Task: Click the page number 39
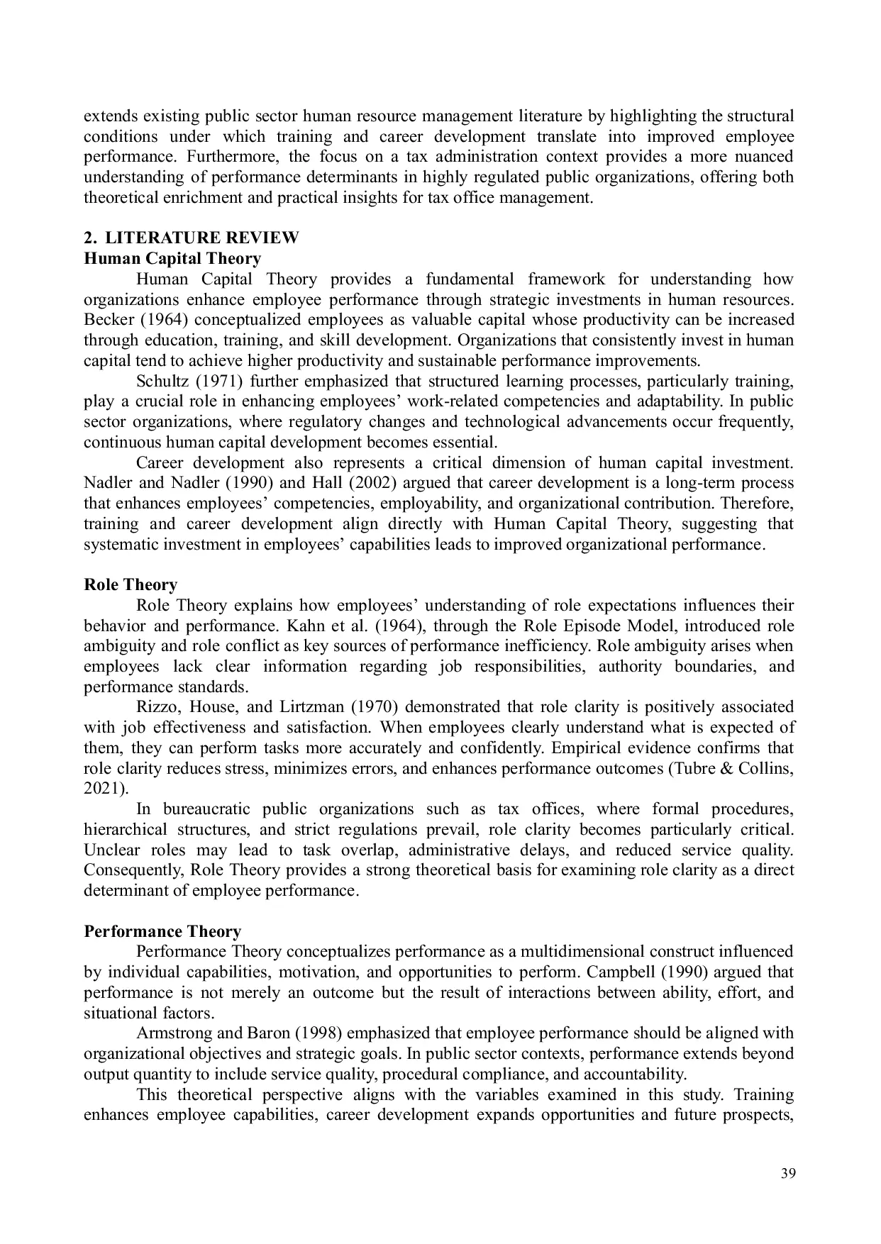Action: (x=787, y=1173)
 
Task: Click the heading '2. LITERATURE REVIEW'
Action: (x=192, y=238)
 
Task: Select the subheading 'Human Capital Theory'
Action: (x=172, y=258)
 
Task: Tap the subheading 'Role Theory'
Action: (x=131, y=585)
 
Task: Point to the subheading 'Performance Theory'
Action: (x=162, y=931)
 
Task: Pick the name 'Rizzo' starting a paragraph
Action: (x=156, y=707)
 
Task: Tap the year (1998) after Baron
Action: (x=318, y=1033)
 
